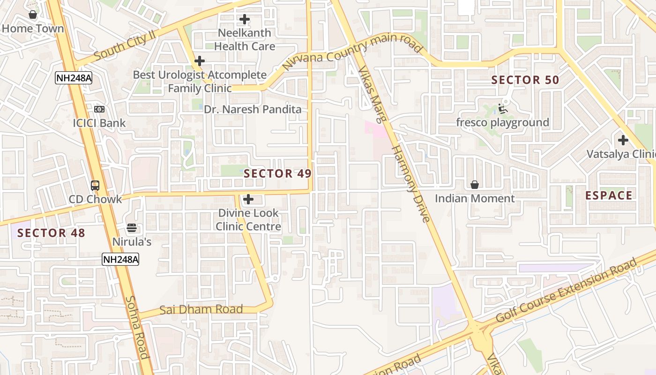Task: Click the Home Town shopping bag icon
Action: tap(33, 15)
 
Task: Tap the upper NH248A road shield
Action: tap(74, 78)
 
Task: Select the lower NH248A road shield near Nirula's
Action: tap(120, 259)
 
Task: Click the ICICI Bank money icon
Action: tap(99, 109)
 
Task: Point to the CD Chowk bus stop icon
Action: tap(95, 185)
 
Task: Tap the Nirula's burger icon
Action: tap(132, 228)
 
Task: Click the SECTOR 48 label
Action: tap(51, 233)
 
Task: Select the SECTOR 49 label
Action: tap(277, 173)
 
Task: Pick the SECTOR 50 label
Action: tap(525, 80)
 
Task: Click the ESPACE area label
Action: tap(609, 195)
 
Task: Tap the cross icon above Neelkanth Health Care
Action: tap(245, 20)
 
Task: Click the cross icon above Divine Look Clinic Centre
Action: tap(248, 200)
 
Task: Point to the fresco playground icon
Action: tap(503, 109)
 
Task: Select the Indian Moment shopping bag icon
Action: tap(475, 185)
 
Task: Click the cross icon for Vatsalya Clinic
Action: tap(623, 140)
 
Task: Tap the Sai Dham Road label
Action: tap(201, 309)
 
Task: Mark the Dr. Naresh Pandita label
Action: tap(253, 110)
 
